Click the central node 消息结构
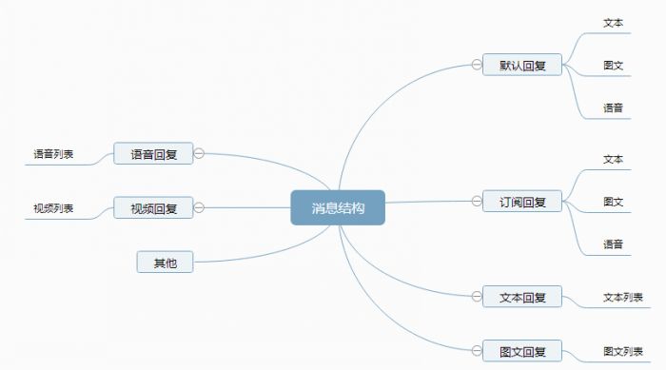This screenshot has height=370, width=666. (337, 207)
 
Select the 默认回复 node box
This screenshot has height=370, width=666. (521, 65)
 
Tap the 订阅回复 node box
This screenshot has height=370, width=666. (521, 201)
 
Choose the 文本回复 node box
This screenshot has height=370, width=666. (521, 297)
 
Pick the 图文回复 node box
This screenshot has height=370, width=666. (521, 351)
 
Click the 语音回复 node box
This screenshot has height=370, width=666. (153, 153)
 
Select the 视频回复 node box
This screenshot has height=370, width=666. (153, 207)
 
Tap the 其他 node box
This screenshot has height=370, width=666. (165, 262)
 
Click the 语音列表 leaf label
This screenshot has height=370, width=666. (53, 153)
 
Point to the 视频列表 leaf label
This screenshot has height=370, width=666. (53, 207)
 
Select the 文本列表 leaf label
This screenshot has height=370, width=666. (622, 297)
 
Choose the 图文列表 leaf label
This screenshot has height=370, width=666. (622, 351)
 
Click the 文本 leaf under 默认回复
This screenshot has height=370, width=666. (613, 22)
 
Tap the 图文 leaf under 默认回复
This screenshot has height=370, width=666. (613, 65)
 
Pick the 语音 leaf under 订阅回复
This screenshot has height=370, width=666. (613, 244)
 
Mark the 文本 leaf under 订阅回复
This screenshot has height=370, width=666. (613, 158)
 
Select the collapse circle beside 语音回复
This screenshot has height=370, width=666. (200, 152)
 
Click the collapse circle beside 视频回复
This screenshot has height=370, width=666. (200, 206)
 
